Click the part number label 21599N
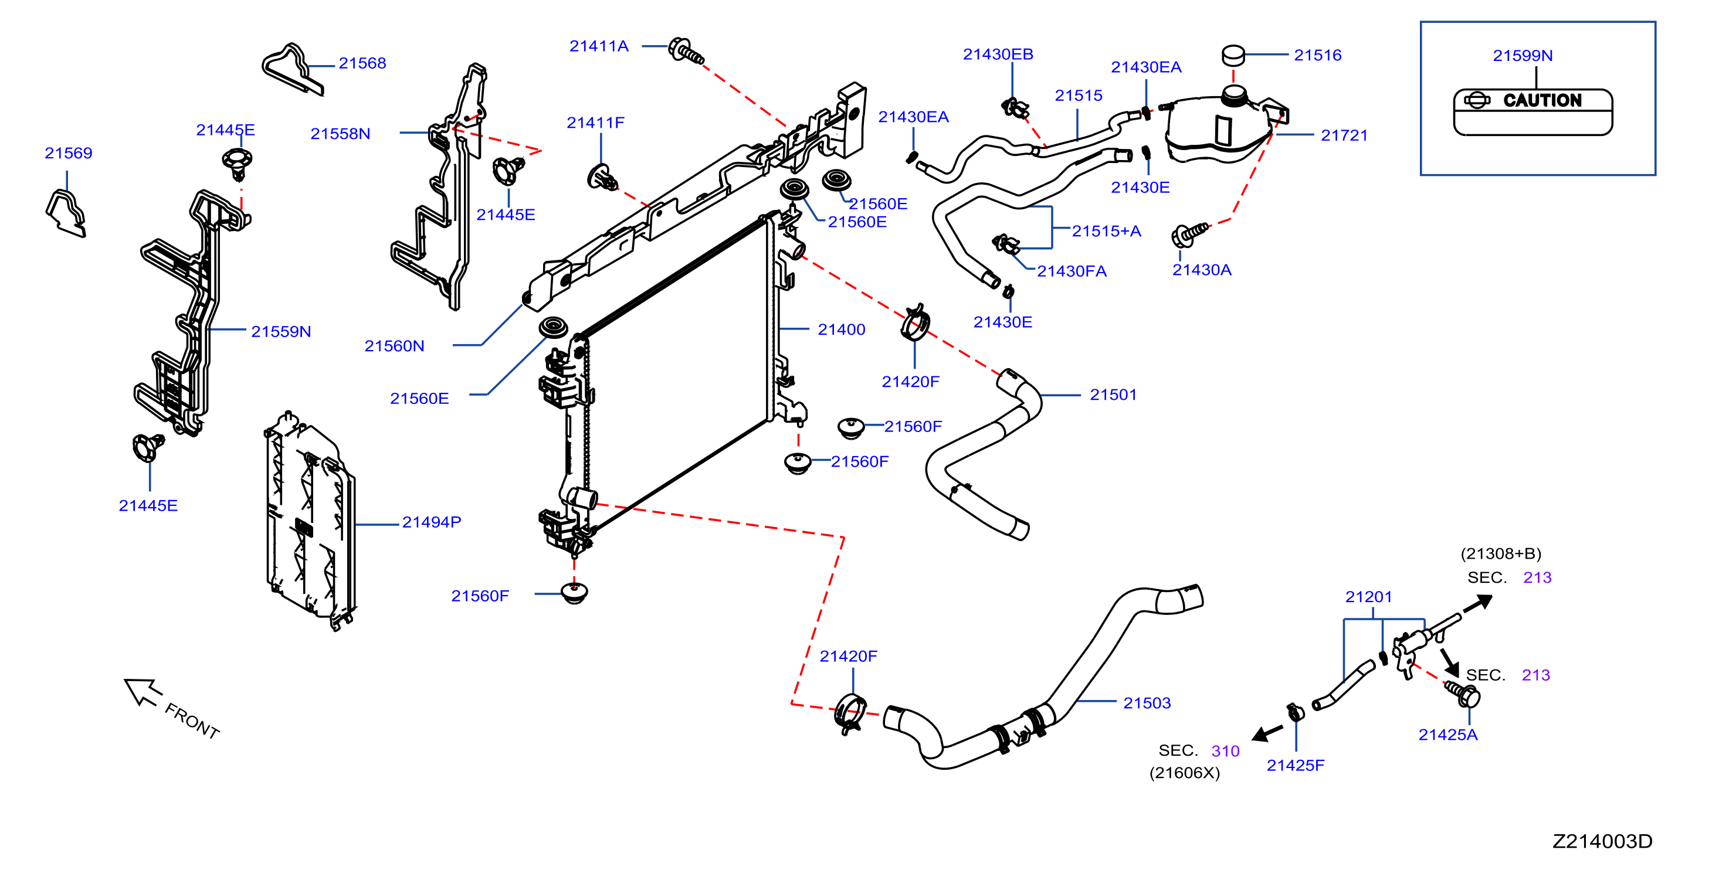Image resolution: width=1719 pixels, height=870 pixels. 1522,55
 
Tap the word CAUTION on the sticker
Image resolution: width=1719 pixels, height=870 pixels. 1541,100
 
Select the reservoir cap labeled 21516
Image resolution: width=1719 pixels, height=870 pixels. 1233,55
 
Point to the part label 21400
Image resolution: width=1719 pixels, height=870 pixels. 841,329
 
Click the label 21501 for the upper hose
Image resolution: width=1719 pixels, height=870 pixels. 1113,395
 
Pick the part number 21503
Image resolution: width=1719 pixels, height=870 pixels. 1147,703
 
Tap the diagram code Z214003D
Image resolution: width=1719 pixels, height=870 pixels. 1602,841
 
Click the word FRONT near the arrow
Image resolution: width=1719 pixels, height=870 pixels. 192,721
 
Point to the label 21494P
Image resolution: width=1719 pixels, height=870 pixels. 431,522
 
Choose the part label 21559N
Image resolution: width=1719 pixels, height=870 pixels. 281,332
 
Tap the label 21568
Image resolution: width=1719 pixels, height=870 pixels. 362,63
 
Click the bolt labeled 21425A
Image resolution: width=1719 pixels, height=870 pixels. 1463,694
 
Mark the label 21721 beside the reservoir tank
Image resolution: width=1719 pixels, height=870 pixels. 1344,135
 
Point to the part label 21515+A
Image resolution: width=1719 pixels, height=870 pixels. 1106,232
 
